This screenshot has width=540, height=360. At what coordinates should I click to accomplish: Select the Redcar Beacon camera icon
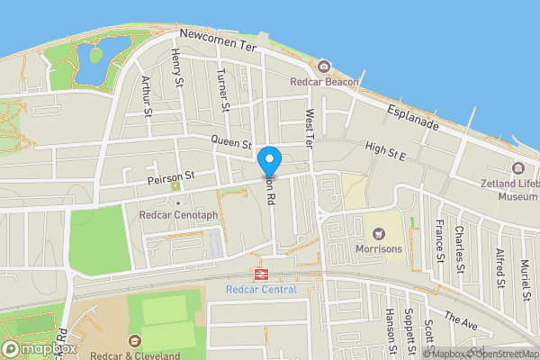(x=324, y=67)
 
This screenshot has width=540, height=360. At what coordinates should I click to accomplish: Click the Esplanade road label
(x=413, y=116)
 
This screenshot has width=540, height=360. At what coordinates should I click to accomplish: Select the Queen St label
(x=232, y=141)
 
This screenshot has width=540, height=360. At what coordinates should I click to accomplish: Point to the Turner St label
(x=224, y=93)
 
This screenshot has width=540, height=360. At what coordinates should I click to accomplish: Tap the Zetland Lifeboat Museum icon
(x=518, y=168)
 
